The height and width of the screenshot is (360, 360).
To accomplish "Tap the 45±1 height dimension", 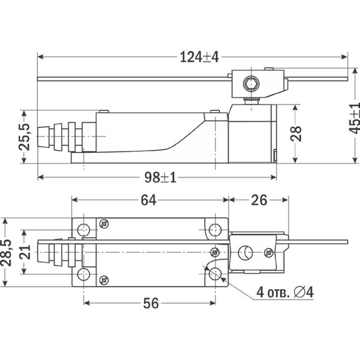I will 353,118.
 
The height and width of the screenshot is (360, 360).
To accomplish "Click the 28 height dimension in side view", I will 295,134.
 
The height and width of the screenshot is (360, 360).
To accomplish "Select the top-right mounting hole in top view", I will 215,229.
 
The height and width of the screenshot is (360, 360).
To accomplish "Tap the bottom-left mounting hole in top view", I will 84,275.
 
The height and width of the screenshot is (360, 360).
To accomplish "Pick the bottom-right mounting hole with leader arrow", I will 215,275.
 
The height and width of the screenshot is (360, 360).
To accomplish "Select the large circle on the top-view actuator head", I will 245,253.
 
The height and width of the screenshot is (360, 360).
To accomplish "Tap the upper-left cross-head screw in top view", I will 104,224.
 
